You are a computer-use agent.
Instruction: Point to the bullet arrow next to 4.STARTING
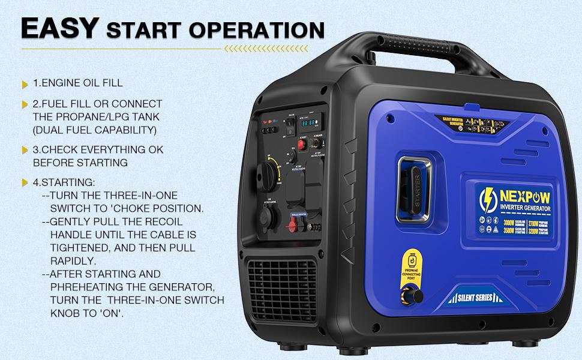(25, 182)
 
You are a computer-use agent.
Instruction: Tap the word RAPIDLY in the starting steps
(73, 260)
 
